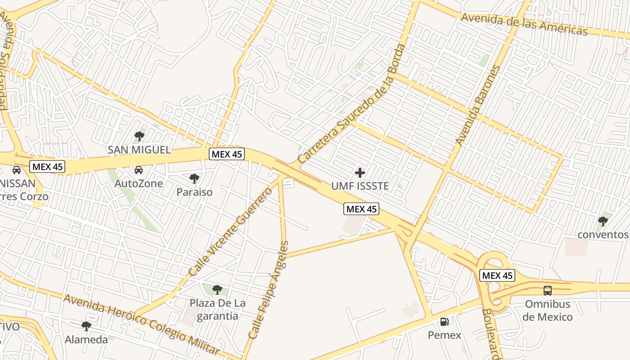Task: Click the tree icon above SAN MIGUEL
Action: click(139, 136)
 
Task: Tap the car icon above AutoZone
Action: click(139, 170)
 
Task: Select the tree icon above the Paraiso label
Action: click(194, 179)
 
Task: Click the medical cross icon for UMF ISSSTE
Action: click(360, 172)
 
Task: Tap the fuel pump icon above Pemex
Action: click(444, 321)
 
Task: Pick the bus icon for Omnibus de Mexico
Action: click(548, 290)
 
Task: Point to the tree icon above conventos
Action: click(603, 221)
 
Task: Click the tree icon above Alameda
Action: click(86, 326)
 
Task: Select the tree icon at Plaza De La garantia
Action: click(217, 289)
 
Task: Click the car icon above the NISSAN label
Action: click(17, 170)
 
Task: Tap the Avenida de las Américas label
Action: click(524, 24)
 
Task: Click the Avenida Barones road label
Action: click(478, 105)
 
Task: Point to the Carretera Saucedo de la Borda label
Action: click(351, 104)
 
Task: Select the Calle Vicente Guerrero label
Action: click(231, 232)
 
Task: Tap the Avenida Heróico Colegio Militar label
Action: click(142, 324)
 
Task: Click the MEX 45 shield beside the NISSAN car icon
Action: click(48, 166)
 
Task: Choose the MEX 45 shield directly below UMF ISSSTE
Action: click(362, 209)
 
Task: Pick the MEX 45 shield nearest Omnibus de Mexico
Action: click(497, 275)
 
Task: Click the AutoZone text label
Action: click(139, 184)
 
